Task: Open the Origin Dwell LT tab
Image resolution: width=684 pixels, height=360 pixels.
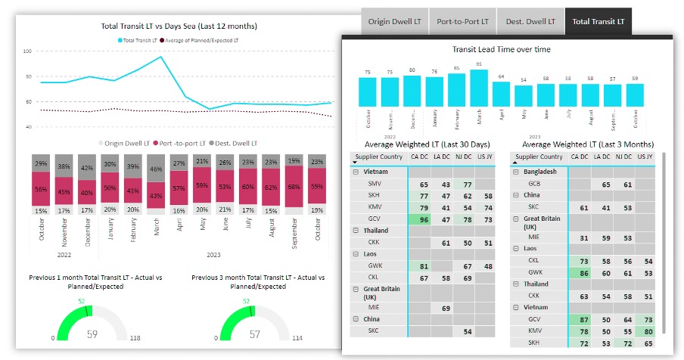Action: (x=394, y=21)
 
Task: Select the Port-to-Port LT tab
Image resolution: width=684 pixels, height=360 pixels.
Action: (x=462, y=21)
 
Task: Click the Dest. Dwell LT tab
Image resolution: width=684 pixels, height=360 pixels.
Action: (x=530, y=21)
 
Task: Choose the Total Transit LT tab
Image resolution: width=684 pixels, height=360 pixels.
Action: (x=598, y=21)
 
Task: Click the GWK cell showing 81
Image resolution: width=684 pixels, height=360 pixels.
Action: (x=424, y=266)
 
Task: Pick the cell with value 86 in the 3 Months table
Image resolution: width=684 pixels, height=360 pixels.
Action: (x=580, y=272)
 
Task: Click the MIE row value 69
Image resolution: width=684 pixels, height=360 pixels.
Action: (x=446, y=309)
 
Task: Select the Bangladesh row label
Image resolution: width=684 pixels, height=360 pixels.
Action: (x=542, y=172)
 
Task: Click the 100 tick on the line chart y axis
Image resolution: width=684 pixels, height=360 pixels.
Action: (x=27, y=51)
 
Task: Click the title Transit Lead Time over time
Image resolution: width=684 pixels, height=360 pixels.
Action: (x=501, y=49)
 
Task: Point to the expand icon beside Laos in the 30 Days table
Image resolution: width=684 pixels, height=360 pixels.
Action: (x=356, y=254)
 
